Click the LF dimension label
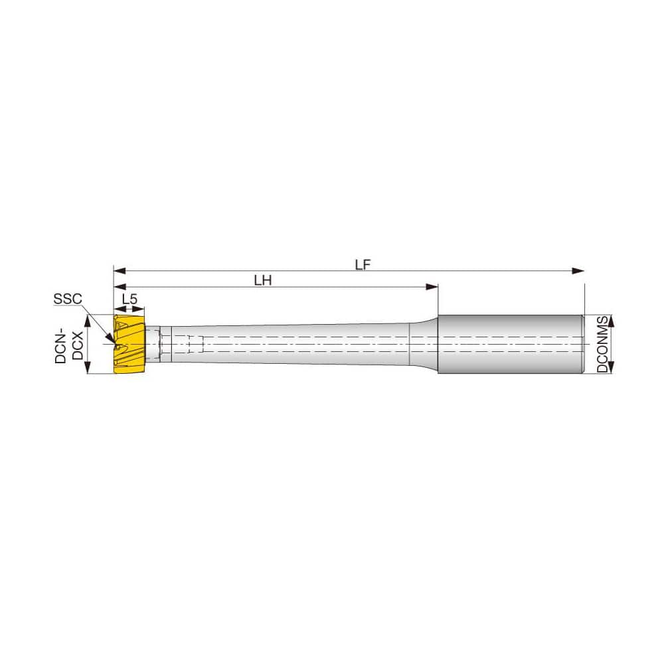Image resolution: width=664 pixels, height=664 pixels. point(362,264)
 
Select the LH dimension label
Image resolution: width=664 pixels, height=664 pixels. point(264,280)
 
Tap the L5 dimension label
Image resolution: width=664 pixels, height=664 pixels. point(131,299)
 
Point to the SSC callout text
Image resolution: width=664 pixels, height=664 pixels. point(68,299)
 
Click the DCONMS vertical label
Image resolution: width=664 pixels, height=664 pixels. point(602,344)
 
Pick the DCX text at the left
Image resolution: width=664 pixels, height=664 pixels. point(77,345)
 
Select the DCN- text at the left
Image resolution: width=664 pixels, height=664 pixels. point(60,345)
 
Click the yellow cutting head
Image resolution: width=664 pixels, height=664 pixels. point(129,345)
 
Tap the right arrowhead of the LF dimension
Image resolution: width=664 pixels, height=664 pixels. point(580,271)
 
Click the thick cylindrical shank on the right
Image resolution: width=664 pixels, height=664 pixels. point(510,344)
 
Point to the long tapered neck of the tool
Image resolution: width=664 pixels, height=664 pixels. point(286,345)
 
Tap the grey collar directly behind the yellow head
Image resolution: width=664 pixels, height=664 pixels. point(154,345)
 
